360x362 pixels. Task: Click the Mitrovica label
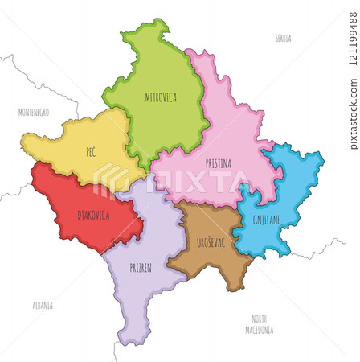point(162,98)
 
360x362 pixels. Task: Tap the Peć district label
point(92,151)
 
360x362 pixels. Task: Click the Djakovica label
point(94,215)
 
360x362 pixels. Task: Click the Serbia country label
point(283,38)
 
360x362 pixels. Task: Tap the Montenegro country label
point(34,113)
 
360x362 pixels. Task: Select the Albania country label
point(43,306)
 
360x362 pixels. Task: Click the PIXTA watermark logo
point(173,181)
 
